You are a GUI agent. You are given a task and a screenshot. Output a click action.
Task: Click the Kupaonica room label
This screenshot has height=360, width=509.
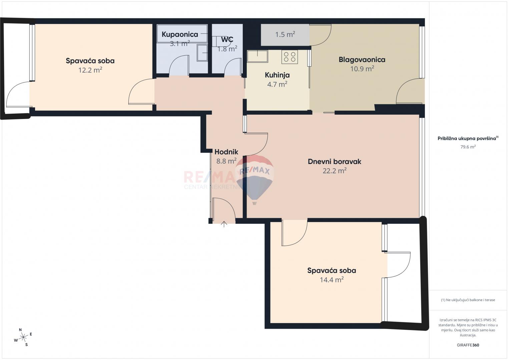click(180, 35)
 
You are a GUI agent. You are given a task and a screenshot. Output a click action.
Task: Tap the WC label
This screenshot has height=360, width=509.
click(227, 40)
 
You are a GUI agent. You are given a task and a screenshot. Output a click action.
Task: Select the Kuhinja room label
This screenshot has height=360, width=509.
click(277, 75)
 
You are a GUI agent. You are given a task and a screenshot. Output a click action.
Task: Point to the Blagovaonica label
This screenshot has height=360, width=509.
click(362, 60)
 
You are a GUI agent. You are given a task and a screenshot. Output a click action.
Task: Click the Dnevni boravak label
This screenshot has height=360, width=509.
click(335, 162)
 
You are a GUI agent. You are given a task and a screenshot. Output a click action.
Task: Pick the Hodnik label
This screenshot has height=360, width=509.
click(226, 152)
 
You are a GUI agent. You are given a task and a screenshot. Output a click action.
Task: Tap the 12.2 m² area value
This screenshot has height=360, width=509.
click(90, 70)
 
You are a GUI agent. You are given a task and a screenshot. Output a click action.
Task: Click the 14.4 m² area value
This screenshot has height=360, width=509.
click(332, 280)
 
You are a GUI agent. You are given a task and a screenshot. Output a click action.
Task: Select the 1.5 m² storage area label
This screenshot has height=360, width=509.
click(285, 34)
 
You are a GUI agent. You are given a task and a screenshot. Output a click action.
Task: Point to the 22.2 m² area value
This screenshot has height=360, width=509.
click(335, 171)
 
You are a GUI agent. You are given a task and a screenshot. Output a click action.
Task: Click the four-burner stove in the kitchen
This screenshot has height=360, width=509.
click(290, 57)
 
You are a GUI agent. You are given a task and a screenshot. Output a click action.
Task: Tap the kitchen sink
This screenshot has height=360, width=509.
click(258, 56)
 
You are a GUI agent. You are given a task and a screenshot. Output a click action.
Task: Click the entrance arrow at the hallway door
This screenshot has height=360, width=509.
click(224, 224)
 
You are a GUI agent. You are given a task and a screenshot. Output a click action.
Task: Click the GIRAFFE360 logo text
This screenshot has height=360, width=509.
click(468, 345)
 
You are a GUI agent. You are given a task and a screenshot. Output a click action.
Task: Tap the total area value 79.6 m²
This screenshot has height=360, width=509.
click(468, 147)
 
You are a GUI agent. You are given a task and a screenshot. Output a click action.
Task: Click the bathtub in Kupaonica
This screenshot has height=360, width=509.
click(182, 33)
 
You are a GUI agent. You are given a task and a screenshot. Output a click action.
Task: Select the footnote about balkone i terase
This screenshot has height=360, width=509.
click(468, 300)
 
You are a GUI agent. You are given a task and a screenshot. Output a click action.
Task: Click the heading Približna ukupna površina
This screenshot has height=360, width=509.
click(468, 138)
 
